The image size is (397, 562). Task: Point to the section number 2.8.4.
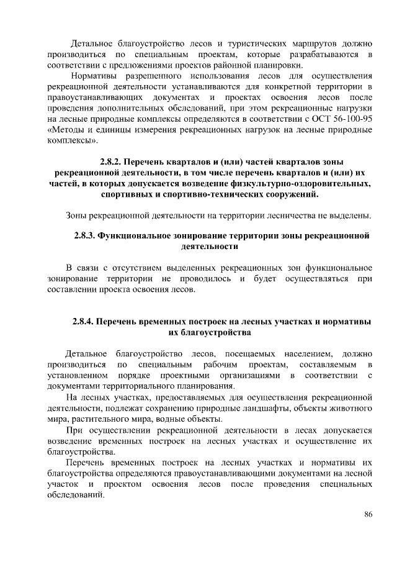pyautogui.click(x=86, y=322)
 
